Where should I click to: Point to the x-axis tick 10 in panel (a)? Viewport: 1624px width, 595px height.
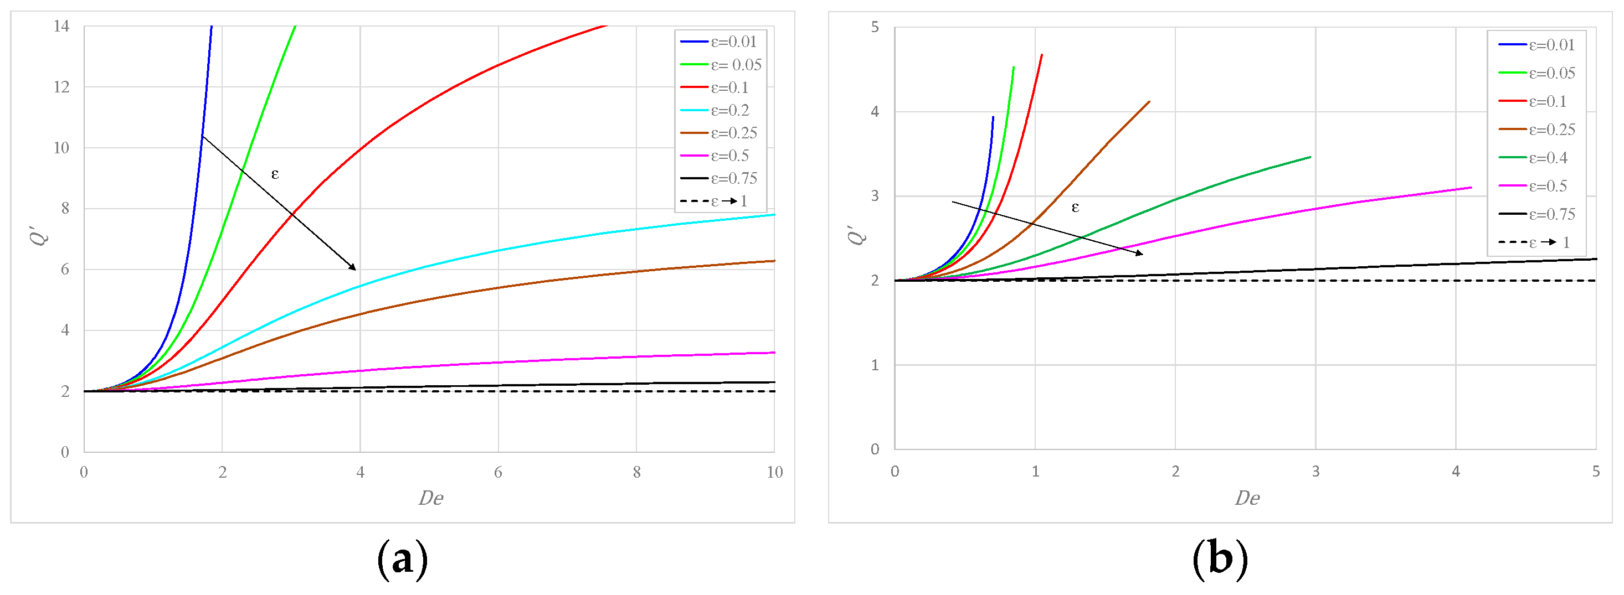pyautogui.click(x=774, y=472)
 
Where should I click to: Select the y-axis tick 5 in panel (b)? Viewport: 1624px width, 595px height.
pyautogui.click(x=875, y=27)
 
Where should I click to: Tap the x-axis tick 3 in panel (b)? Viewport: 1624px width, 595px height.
pyautogui.click(x=1315, y=472)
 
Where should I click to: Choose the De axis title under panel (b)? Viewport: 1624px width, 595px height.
pyautogui.click(x=1246, y=498)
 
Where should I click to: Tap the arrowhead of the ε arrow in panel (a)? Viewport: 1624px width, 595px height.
pyautogui.click(x=354, y=268)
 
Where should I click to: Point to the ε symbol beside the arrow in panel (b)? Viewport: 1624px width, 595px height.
pyautogui.click(x=1075, y=207)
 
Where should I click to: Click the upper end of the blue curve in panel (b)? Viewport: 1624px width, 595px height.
pyautogui.click(x=993, y=117)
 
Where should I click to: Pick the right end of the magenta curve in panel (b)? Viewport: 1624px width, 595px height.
pyautogui.click(x=1471, y=187)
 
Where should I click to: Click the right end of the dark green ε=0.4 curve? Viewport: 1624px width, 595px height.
pyautogui.click(x=1310, y=157)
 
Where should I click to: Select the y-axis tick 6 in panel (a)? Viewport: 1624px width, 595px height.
pyautogui.click(x=64, y=269)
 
